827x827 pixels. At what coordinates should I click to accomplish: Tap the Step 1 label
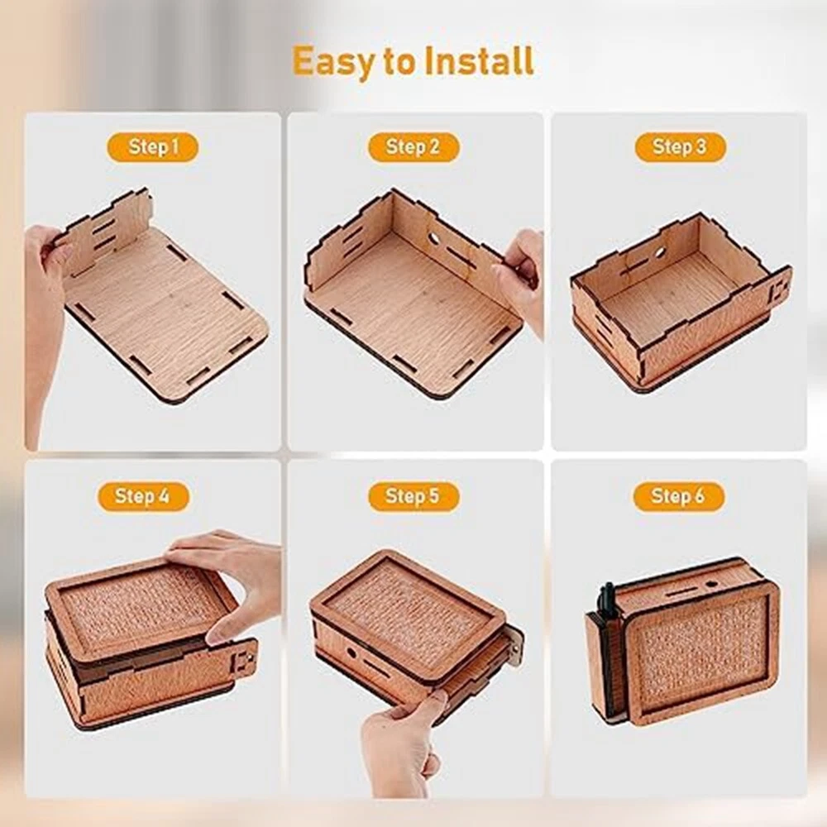pos(153,146)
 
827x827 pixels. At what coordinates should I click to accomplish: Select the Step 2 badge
pos(413,146)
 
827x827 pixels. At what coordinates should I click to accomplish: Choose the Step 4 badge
pos(143,496)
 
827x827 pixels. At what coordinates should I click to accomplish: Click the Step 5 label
pos(413,496)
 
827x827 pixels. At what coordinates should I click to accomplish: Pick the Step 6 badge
pos(678,496)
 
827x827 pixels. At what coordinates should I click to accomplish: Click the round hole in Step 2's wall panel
pos(435,238)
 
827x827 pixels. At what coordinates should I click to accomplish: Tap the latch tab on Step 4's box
pos(245,660)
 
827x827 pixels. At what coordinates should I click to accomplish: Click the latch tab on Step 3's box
pos(777,292)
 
